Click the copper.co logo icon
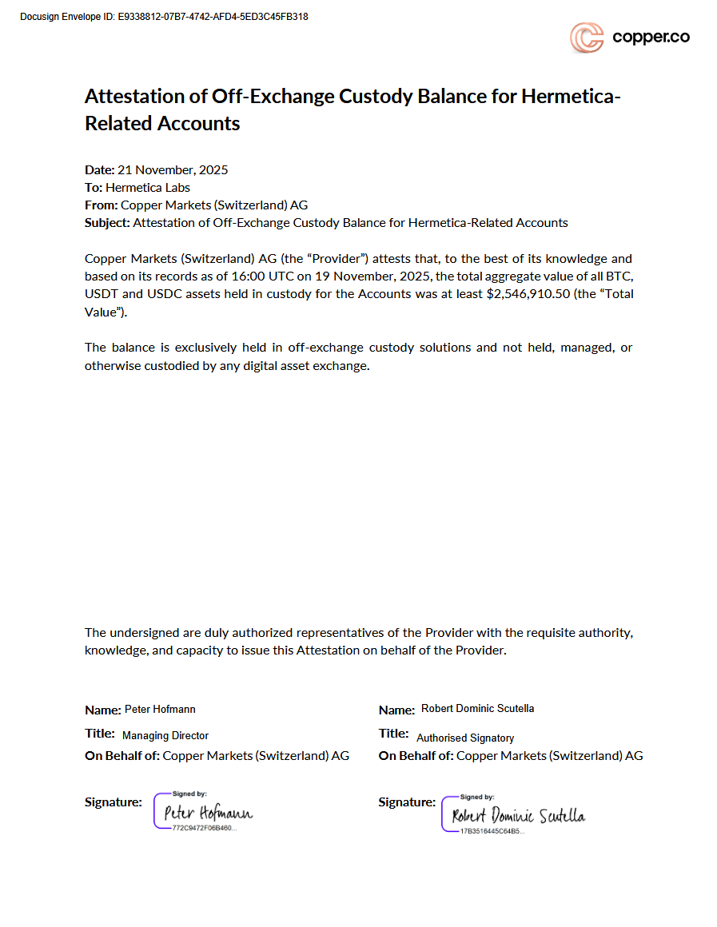(586, 38)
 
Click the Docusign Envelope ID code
(213, 17)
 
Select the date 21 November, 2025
(173, 169)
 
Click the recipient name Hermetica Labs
(148, 188)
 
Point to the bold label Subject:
(107, 223)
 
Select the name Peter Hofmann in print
(160, 710)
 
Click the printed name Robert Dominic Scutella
(477, 709)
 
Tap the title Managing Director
(165, 735)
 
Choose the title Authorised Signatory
(465, 738)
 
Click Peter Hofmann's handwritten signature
(208, 814)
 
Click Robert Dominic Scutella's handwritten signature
(518, 816)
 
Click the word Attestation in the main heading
(134, 97)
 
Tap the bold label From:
(102, 205)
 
